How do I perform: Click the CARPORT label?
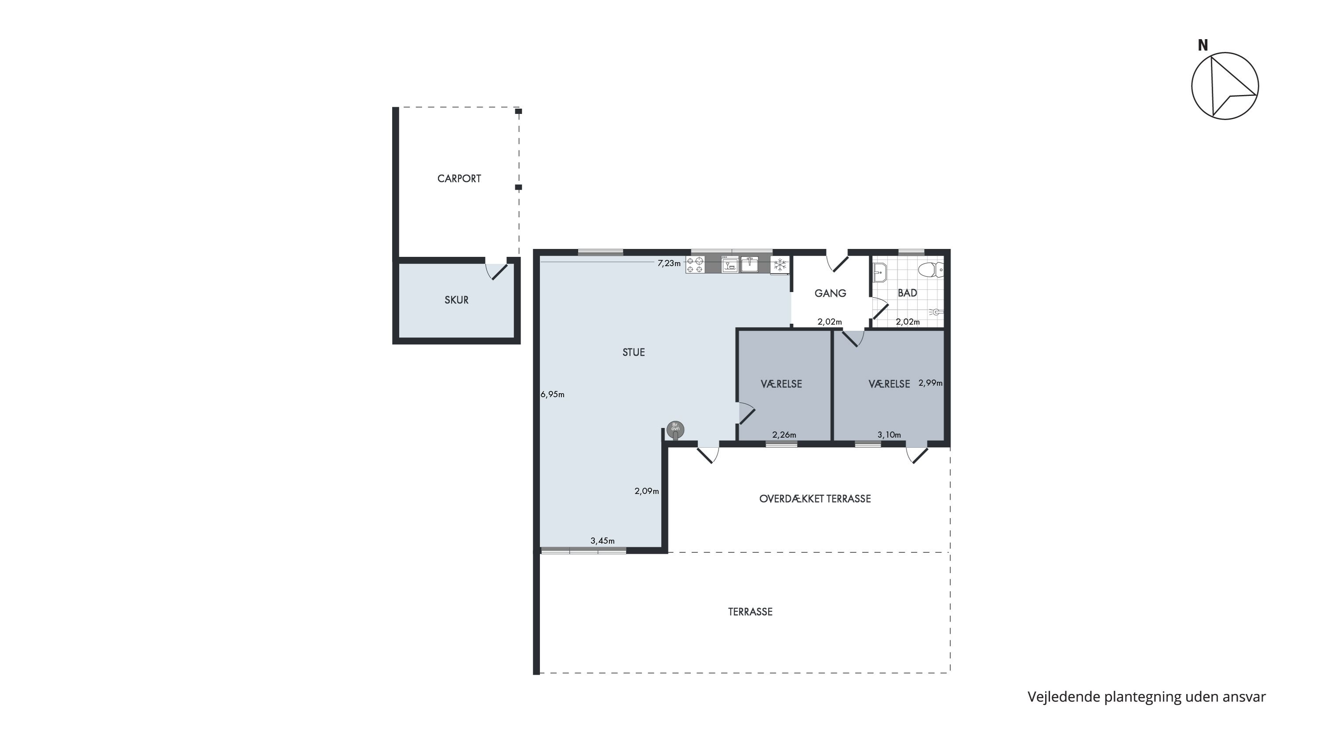459,179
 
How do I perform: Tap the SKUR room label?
456,300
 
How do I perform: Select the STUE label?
634,352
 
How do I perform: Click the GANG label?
830,293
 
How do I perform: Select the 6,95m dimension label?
553,394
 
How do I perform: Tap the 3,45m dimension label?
603,541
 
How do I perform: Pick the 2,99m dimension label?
930,383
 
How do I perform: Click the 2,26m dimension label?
784,435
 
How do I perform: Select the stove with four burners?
696,265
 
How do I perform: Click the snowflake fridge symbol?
780,265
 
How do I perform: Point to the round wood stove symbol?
675,430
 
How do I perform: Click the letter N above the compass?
1203,46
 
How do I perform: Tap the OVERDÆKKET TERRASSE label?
815,499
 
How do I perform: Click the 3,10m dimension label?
889,435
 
